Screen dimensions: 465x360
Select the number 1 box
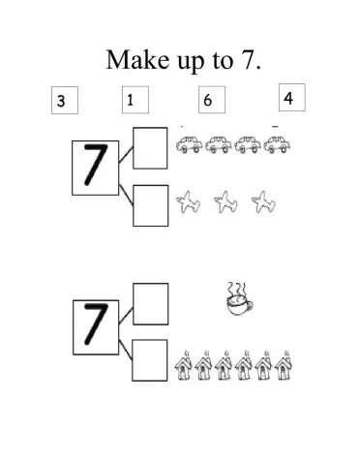(x=134, y=99)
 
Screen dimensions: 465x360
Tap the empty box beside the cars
(x=149, y=147)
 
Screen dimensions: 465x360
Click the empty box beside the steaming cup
(x=149, y=303)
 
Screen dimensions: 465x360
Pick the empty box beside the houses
(x=149, y=359)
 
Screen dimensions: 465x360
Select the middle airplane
(x=225, y=202)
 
